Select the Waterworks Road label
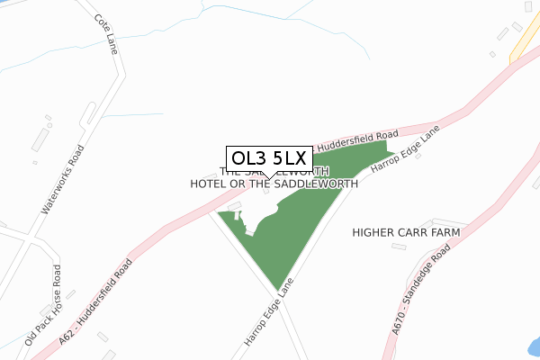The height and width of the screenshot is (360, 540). coord(62,179)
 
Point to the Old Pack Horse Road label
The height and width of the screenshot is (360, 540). coord(43,307)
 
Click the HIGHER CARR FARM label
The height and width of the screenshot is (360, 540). coord(406,232)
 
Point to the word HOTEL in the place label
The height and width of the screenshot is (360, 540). coord(211,184)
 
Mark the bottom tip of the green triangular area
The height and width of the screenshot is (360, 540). coord(277,291)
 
